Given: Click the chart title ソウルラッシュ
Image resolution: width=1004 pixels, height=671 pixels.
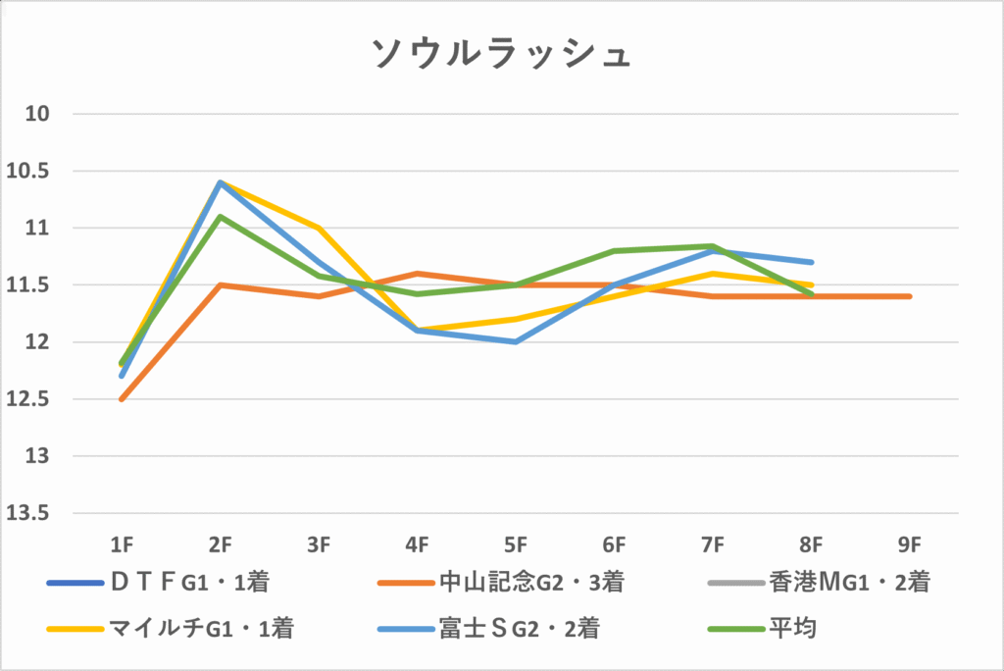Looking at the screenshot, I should tap(501, 54).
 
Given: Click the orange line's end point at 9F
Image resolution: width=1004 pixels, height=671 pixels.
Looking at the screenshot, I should tap(910, 296).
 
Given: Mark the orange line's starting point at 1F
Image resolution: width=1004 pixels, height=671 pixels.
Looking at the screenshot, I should tap(122, 399).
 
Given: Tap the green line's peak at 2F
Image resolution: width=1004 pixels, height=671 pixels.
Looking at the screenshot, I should tap(221, 216).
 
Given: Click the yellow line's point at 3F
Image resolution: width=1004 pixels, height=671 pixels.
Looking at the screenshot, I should tap(319, 228).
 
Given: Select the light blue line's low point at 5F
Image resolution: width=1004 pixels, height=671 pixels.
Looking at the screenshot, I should tap(516, 341).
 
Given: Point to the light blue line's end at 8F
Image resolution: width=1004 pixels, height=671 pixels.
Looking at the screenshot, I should tap(812, 262).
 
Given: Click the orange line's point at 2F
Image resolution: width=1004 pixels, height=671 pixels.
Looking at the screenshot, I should tap(221, 285).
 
